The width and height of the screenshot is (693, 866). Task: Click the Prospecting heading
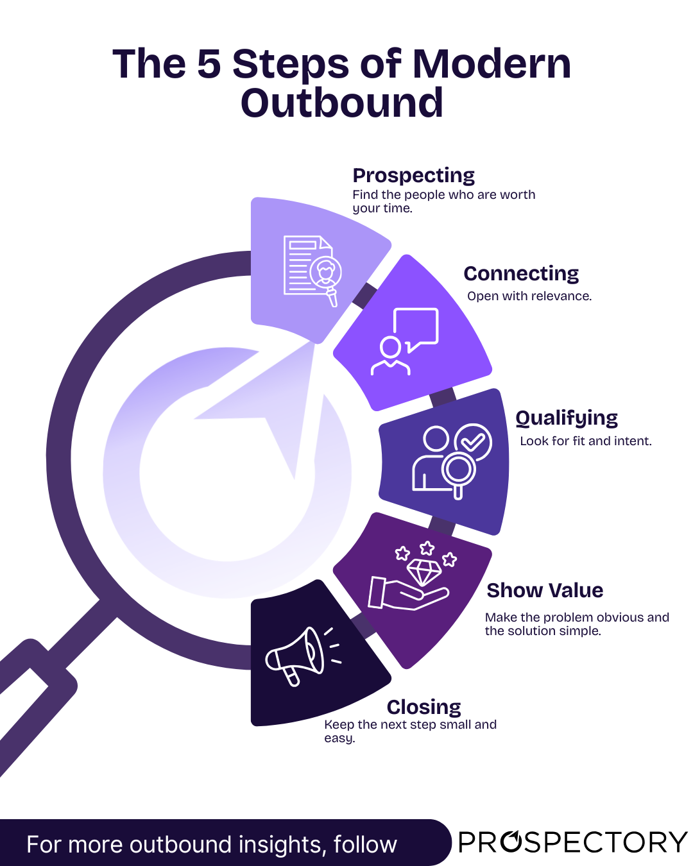point(414,175)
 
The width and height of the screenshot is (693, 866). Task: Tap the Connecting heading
point(521,274)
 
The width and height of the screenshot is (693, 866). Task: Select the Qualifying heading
point(567,418)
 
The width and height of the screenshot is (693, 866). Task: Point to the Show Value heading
point(545,590)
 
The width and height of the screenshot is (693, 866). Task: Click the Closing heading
point(424,707)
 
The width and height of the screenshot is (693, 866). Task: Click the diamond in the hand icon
point(424,570)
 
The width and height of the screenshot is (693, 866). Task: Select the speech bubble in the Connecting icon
point(416,327)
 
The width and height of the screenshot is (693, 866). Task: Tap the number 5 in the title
point(209,64)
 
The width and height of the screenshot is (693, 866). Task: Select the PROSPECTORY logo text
point(572,842)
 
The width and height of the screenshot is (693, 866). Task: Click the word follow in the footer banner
point(365,844)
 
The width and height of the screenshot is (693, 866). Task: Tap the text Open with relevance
point(529,296)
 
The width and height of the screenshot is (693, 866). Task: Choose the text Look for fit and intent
point(585,441)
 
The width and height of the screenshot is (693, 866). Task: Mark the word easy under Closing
point(339,738)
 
